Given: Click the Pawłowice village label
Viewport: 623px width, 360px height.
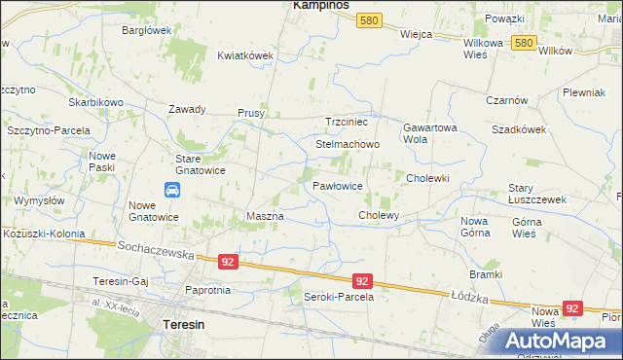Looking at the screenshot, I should click(x=338, y=185).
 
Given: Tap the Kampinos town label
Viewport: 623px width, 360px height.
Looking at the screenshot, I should click(x=321, y=6).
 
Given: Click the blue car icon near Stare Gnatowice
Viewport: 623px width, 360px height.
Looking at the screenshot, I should click(x=171, y=189).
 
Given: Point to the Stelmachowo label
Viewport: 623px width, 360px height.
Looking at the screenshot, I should click(x=347, y=144).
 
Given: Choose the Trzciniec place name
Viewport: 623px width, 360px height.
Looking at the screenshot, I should click(x=346, y=122).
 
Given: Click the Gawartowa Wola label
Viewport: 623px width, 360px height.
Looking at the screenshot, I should click(x=429, y=133).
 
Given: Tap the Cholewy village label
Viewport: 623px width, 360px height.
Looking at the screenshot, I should click(x=380, y=215).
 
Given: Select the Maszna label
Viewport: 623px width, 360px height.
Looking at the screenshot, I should click(x=265, y=216).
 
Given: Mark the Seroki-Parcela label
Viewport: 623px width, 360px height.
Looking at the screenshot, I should click(x=339, y=297).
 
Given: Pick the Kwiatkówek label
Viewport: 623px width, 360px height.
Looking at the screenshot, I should click(x=244, y=55).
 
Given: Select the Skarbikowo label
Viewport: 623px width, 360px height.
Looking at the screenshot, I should click(x=95, y=102).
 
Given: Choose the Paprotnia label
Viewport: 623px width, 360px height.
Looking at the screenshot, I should click(x=207, y=290).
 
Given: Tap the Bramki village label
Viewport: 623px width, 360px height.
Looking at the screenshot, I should click(x=484, y=274).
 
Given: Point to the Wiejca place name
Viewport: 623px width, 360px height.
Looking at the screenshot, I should click(x=416, y=33).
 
